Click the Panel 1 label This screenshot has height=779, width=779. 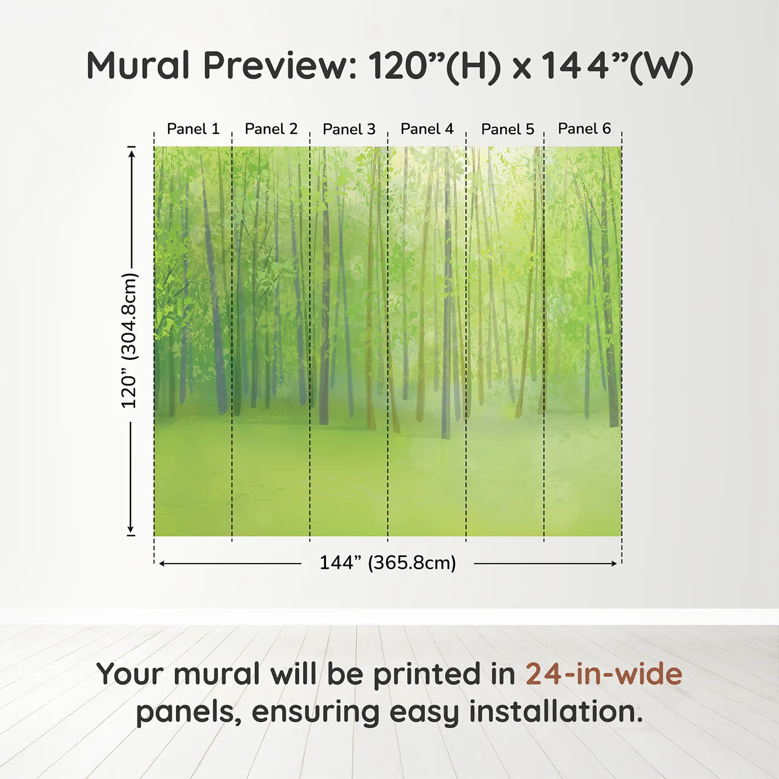(x=193, y=129)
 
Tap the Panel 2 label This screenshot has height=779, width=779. (x=271, y=129)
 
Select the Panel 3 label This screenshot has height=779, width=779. (x=349, y=129)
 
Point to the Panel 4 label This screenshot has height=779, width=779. (x=427, y=129)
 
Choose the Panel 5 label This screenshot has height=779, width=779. (x=508, y=129)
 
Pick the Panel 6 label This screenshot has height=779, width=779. (x=585, y=129)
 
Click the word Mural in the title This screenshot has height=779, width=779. (x=138, y=65)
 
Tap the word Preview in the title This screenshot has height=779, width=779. (x=280, y=66)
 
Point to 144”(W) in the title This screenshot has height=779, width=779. (x=617, y=67)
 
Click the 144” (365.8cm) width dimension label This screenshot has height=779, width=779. (x=388, y=563)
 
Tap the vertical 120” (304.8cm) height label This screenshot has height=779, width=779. (x=130, y=341)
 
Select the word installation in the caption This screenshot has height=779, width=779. (x=556, y=712)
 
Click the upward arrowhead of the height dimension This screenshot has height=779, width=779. (x=131, y=153)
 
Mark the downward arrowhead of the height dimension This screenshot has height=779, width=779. (x=130, y=530)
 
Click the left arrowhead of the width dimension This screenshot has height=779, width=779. (x=162, y=564)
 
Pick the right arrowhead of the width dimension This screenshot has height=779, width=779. (x=614, y=564)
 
